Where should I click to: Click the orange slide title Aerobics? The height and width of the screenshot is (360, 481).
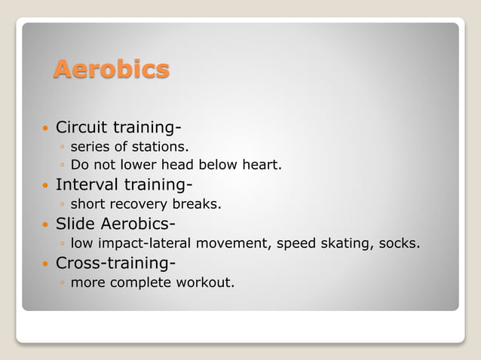click(112, 70)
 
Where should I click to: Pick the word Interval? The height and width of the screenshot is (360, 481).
click(83, 184)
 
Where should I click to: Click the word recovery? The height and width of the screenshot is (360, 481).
click(136, 204)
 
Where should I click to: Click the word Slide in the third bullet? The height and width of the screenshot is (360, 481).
click(73, 224)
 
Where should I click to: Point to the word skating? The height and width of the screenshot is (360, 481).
click(344, 243)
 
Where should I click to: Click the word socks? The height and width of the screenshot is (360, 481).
click(400, 243)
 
